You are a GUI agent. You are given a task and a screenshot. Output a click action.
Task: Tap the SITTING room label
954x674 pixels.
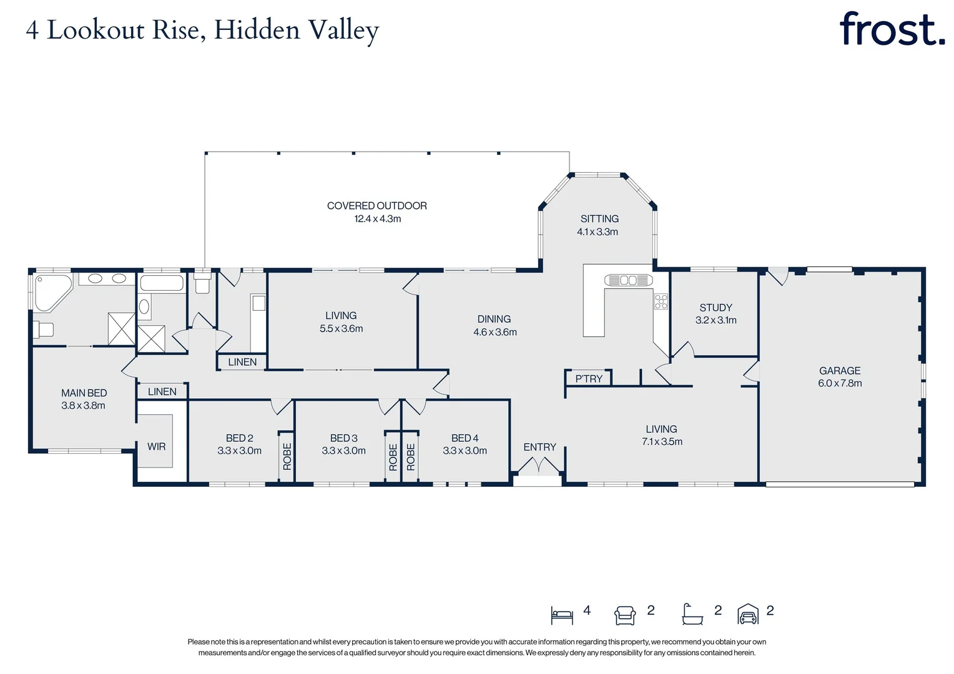(x=599, y=218)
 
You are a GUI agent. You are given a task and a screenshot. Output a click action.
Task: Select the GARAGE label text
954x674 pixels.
(x=840, y=371)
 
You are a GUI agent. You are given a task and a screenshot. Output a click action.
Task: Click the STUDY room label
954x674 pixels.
(x=715, y=308)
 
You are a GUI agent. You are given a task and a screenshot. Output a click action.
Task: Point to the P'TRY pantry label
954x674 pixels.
(x=589, y=379)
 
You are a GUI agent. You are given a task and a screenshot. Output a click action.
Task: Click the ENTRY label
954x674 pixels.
(x=539, y=447)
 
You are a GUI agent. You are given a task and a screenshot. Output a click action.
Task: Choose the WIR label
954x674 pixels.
(x=156, y=446)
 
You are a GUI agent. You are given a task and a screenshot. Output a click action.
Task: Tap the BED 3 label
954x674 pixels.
(x=343, y=438)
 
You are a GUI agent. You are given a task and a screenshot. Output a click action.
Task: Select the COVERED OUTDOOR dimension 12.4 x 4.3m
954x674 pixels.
(x=377, y=219)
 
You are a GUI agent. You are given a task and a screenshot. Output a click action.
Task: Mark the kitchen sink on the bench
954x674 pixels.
(x=628, y=280)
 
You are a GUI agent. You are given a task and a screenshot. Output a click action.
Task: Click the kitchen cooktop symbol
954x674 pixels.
(x=661, y=302)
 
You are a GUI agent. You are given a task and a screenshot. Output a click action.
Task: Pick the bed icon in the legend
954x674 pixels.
(x=562, y=615)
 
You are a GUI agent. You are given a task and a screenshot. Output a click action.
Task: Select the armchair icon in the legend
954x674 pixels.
(x=625, y=615)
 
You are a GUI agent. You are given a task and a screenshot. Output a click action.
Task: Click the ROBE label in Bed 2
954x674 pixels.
(x=287, y=456)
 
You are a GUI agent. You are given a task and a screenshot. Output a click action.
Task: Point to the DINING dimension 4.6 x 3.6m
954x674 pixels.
(x=494, y=332)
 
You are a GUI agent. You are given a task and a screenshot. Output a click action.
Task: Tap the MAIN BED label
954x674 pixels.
(x=84, y=393)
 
